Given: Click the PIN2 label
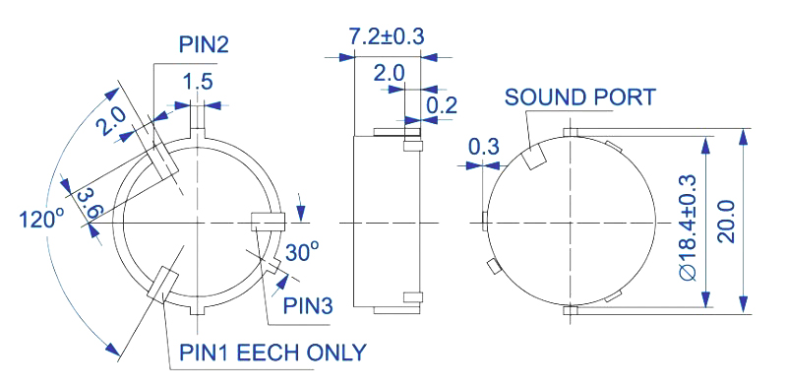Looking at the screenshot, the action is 204,44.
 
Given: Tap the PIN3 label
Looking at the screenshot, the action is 308,305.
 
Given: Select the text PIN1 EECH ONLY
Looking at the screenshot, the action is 273,353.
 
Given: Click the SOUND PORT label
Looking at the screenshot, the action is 580,97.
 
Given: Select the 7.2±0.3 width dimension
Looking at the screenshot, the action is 387,36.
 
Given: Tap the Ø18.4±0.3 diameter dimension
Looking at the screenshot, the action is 688,227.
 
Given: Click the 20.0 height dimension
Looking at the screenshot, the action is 726,222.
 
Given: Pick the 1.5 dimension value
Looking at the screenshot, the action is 198,82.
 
